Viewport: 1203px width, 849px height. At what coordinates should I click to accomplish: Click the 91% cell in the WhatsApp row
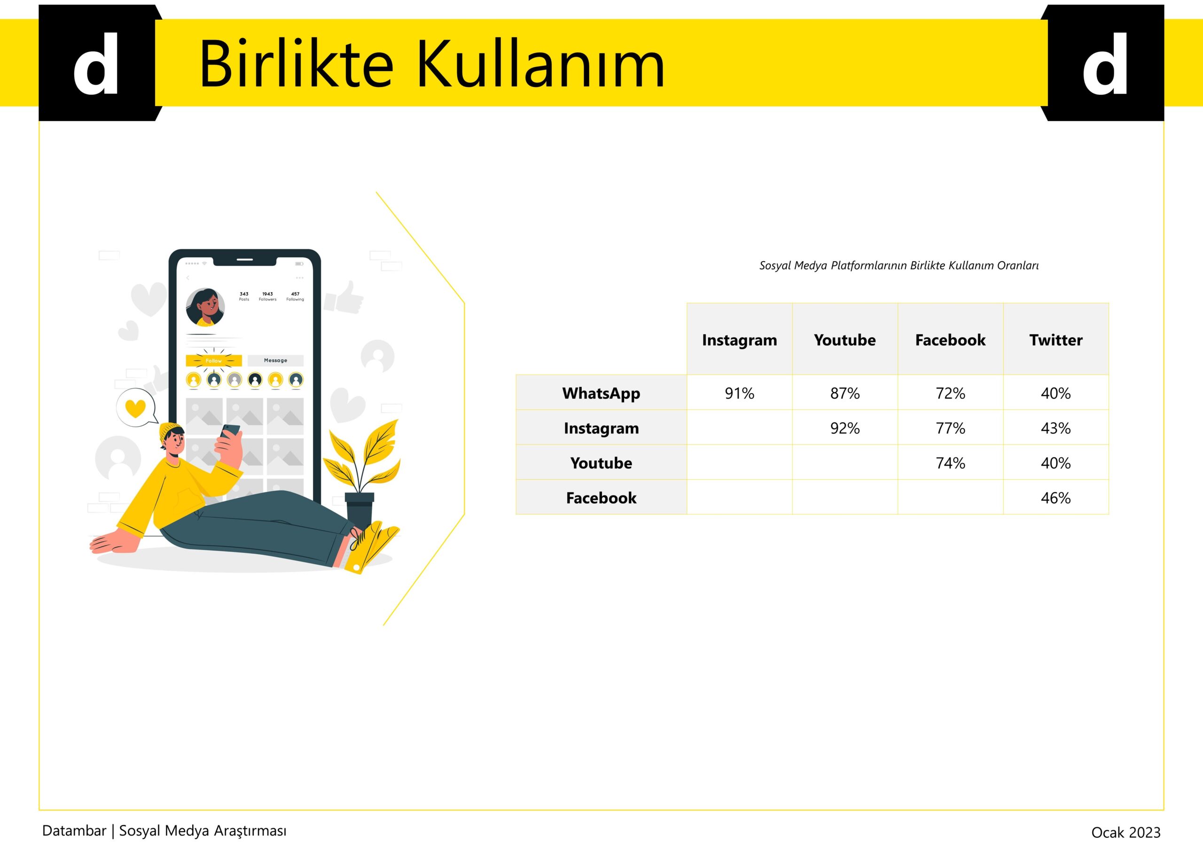pyautogui.click(x=739, y=393)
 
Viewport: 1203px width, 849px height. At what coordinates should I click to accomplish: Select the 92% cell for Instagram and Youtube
pyautogui.click(x=844, y=428)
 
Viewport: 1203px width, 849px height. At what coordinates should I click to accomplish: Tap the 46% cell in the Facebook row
pyautogui.click(x=1056, y=498)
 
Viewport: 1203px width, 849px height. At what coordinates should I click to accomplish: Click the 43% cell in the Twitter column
pyautogui.click(x=1056, y=428)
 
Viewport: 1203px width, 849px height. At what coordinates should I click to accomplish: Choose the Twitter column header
pyautogui.click(x=1056, y=340)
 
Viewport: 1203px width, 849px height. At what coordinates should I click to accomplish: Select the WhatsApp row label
pyautogui.click(x=601, y=393)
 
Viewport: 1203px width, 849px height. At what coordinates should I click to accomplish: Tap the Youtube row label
pyautogui.click(x=601, y=463)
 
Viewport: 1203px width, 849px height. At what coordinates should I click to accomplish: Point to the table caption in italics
pyautogui.click(x=899, y=265)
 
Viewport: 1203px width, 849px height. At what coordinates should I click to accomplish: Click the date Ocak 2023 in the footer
pyautogui.click(x=1126, y=832)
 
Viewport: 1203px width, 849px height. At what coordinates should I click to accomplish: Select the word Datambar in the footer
pyautogui.click(x=74, y=831)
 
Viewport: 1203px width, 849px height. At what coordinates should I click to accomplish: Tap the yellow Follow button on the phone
pyautogui.click(x=214, y=360)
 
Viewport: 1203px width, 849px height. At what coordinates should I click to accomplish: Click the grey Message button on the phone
pyautogui.click(x=275, y=360)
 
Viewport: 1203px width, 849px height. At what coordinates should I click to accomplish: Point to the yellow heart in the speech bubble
pyautogui.click(x=136, y=408)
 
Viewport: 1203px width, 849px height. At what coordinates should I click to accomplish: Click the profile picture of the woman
pyautogui.click(x=205, y=307)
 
